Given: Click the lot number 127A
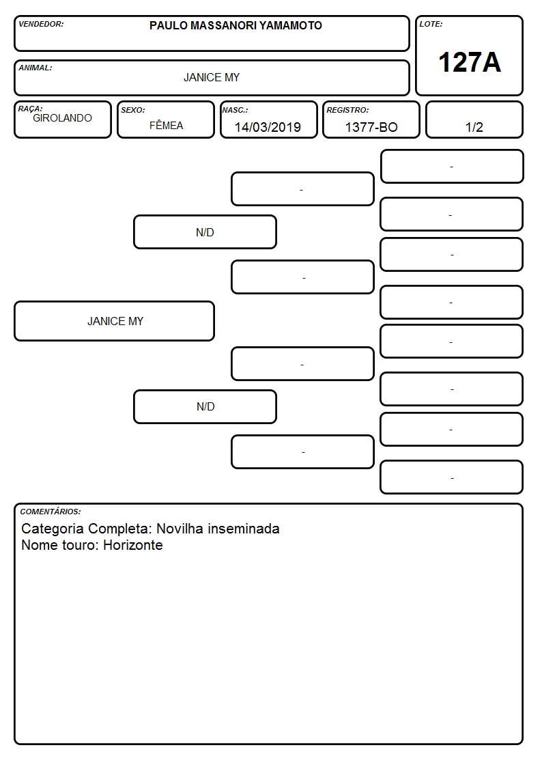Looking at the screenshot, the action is pos(470,62).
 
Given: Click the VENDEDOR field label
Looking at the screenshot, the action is pos(41,24).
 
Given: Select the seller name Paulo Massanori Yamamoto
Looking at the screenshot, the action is pos(236,25).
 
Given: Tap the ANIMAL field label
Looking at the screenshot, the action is pos(35,68).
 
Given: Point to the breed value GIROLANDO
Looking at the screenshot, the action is pos(62,118).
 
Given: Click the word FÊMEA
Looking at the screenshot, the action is pos(166,125).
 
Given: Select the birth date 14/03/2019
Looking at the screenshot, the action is pos(268,127).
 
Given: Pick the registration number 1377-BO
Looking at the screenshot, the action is pos(371,127).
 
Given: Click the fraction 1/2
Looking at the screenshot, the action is pos(474,127).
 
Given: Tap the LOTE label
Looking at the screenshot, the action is pos(431,24).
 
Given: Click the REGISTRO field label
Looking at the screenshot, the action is pos(347,110).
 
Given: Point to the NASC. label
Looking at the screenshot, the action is pos(235,110).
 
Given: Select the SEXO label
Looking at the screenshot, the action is pos(133,110).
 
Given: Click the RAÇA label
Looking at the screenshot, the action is pos(30,108).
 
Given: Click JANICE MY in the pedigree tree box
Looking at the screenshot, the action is pos(115,322).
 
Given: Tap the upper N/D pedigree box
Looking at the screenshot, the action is pos(205,232).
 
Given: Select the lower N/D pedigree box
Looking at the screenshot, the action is pos(205,406).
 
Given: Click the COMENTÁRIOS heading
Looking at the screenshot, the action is pos(51,512).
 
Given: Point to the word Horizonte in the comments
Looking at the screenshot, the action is pos(133,545).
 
